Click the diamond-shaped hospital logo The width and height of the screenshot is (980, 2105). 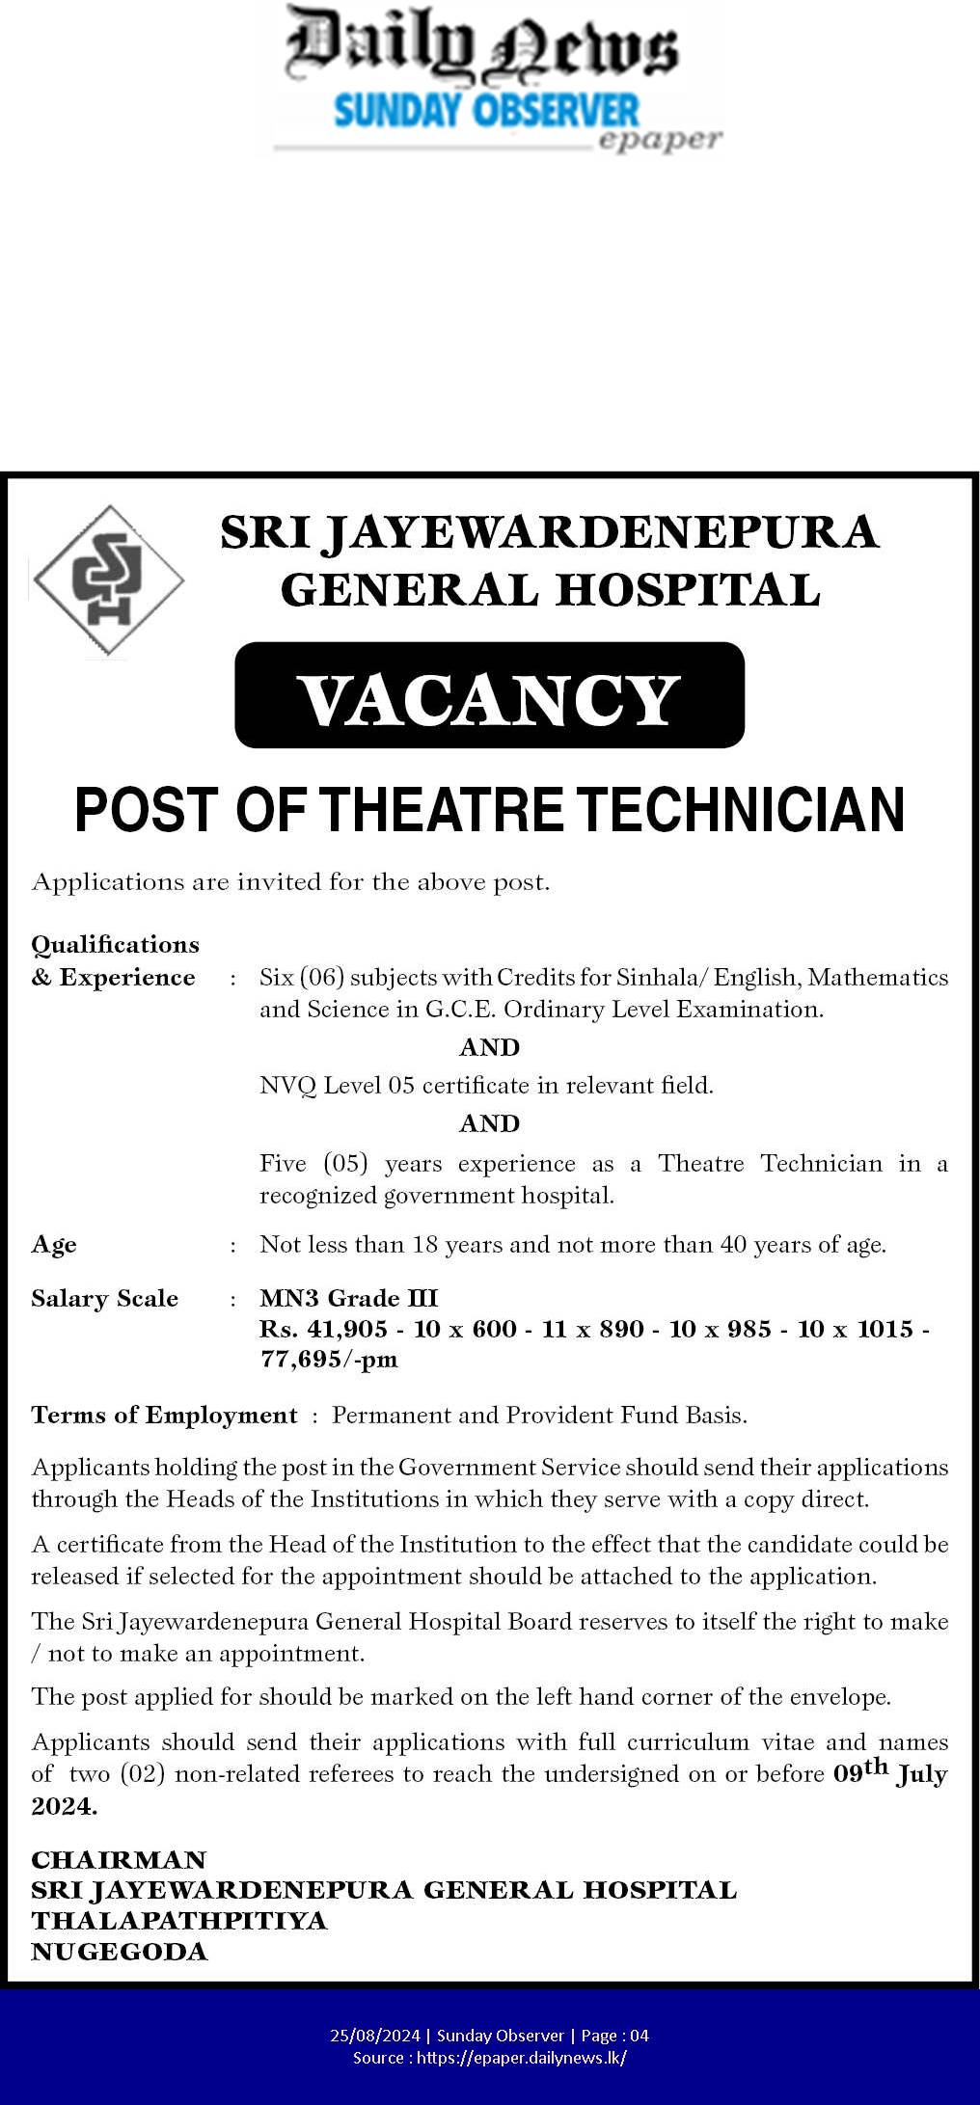pyautogui.click(x=108, y=580)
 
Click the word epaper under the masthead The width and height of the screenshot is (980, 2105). pyautogui.click(x=660, y=140)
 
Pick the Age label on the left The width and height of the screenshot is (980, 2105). pyautogui.click(x=54, y=1245)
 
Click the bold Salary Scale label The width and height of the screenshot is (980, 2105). pyautogui.click(x=104, y=1299)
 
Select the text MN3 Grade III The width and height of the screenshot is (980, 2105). pyautogui.click(x=348, y=1299)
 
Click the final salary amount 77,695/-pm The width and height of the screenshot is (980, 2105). pyautogui.click(x=328, y=1360)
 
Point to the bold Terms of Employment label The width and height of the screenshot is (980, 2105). pyautogui.click(x=164, y=1416)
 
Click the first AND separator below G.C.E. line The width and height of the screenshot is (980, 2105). pyautogui.click(x=489, y=1047)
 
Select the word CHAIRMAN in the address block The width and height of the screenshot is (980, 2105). pyautogui.click(x=119, y=1860)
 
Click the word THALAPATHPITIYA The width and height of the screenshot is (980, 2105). pyautogui.click(x=179, y=1921)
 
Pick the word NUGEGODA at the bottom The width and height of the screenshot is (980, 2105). pyautogui.click(x=120, y=1952)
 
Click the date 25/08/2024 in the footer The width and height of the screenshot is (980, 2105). pyautogui.click(x=375, y=2036)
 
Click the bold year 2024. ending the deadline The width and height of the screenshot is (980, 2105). pyautogui.click(x=64, y=1807)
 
